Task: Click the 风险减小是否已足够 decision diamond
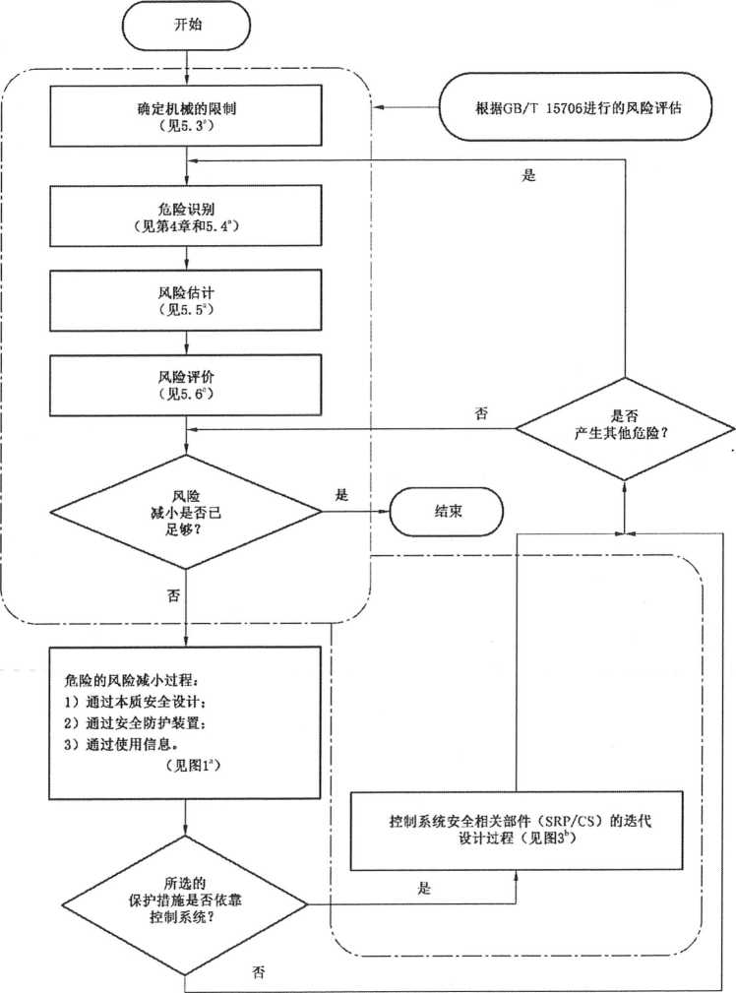tap(187, 511)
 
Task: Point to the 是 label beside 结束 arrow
tap(342, 495)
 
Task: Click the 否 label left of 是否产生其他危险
tap(480, 414)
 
